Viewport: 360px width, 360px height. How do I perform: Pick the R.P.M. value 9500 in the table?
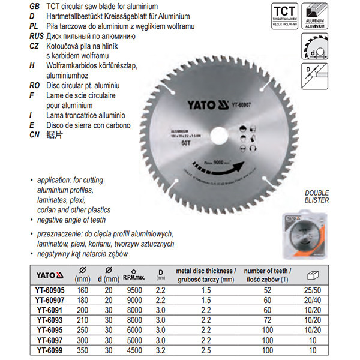point(132,289)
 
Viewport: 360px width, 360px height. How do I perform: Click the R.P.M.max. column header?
point(133,278)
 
